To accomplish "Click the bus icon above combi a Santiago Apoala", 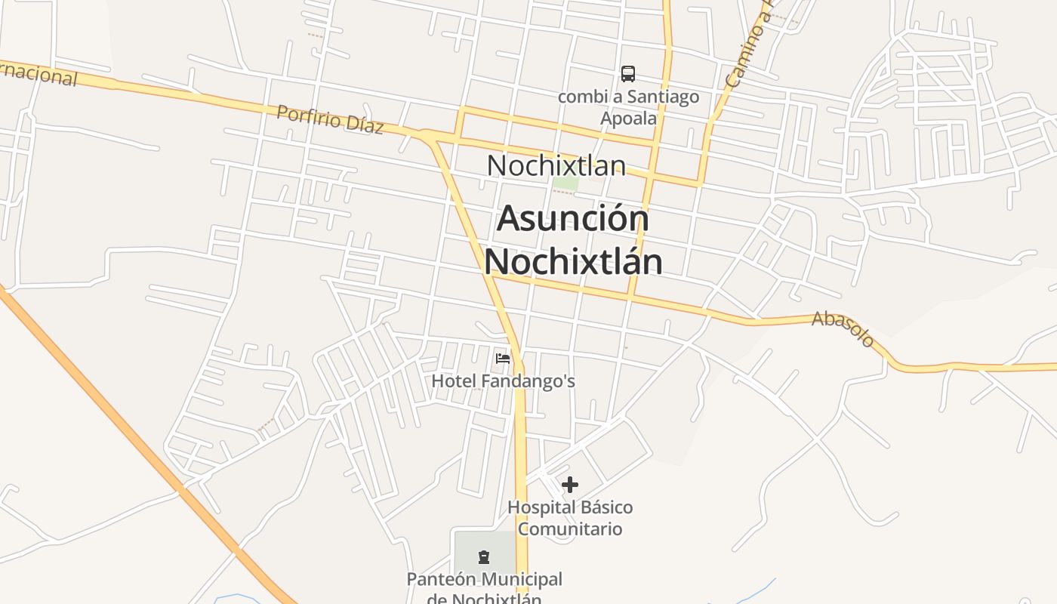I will click(628, 73).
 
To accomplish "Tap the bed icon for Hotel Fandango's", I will click(503, 358).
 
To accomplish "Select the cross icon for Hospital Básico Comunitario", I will click(570, 484).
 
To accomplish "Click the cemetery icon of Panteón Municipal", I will click(484, 557).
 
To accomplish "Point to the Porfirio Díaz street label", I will click(330, 119).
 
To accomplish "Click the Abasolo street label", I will click(843, 329).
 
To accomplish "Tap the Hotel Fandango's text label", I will click(503, 381).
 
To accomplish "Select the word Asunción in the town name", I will click(573, 219).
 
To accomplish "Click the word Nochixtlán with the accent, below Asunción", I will click(573, 261).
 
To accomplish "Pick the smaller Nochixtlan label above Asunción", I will click(556, 165).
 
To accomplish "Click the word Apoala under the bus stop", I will click(628, 119).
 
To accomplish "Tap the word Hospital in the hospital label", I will click(538, 507).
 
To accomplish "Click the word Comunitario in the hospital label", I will click(570, 528).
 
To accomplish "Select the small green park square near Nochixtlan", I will click(565, 183).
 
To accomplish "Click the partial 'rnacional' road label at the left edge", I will click(38, 75).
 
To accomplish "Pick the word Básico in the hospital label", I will click(602, 507).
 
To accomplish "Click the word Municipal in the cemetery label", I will click(522, 580).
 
